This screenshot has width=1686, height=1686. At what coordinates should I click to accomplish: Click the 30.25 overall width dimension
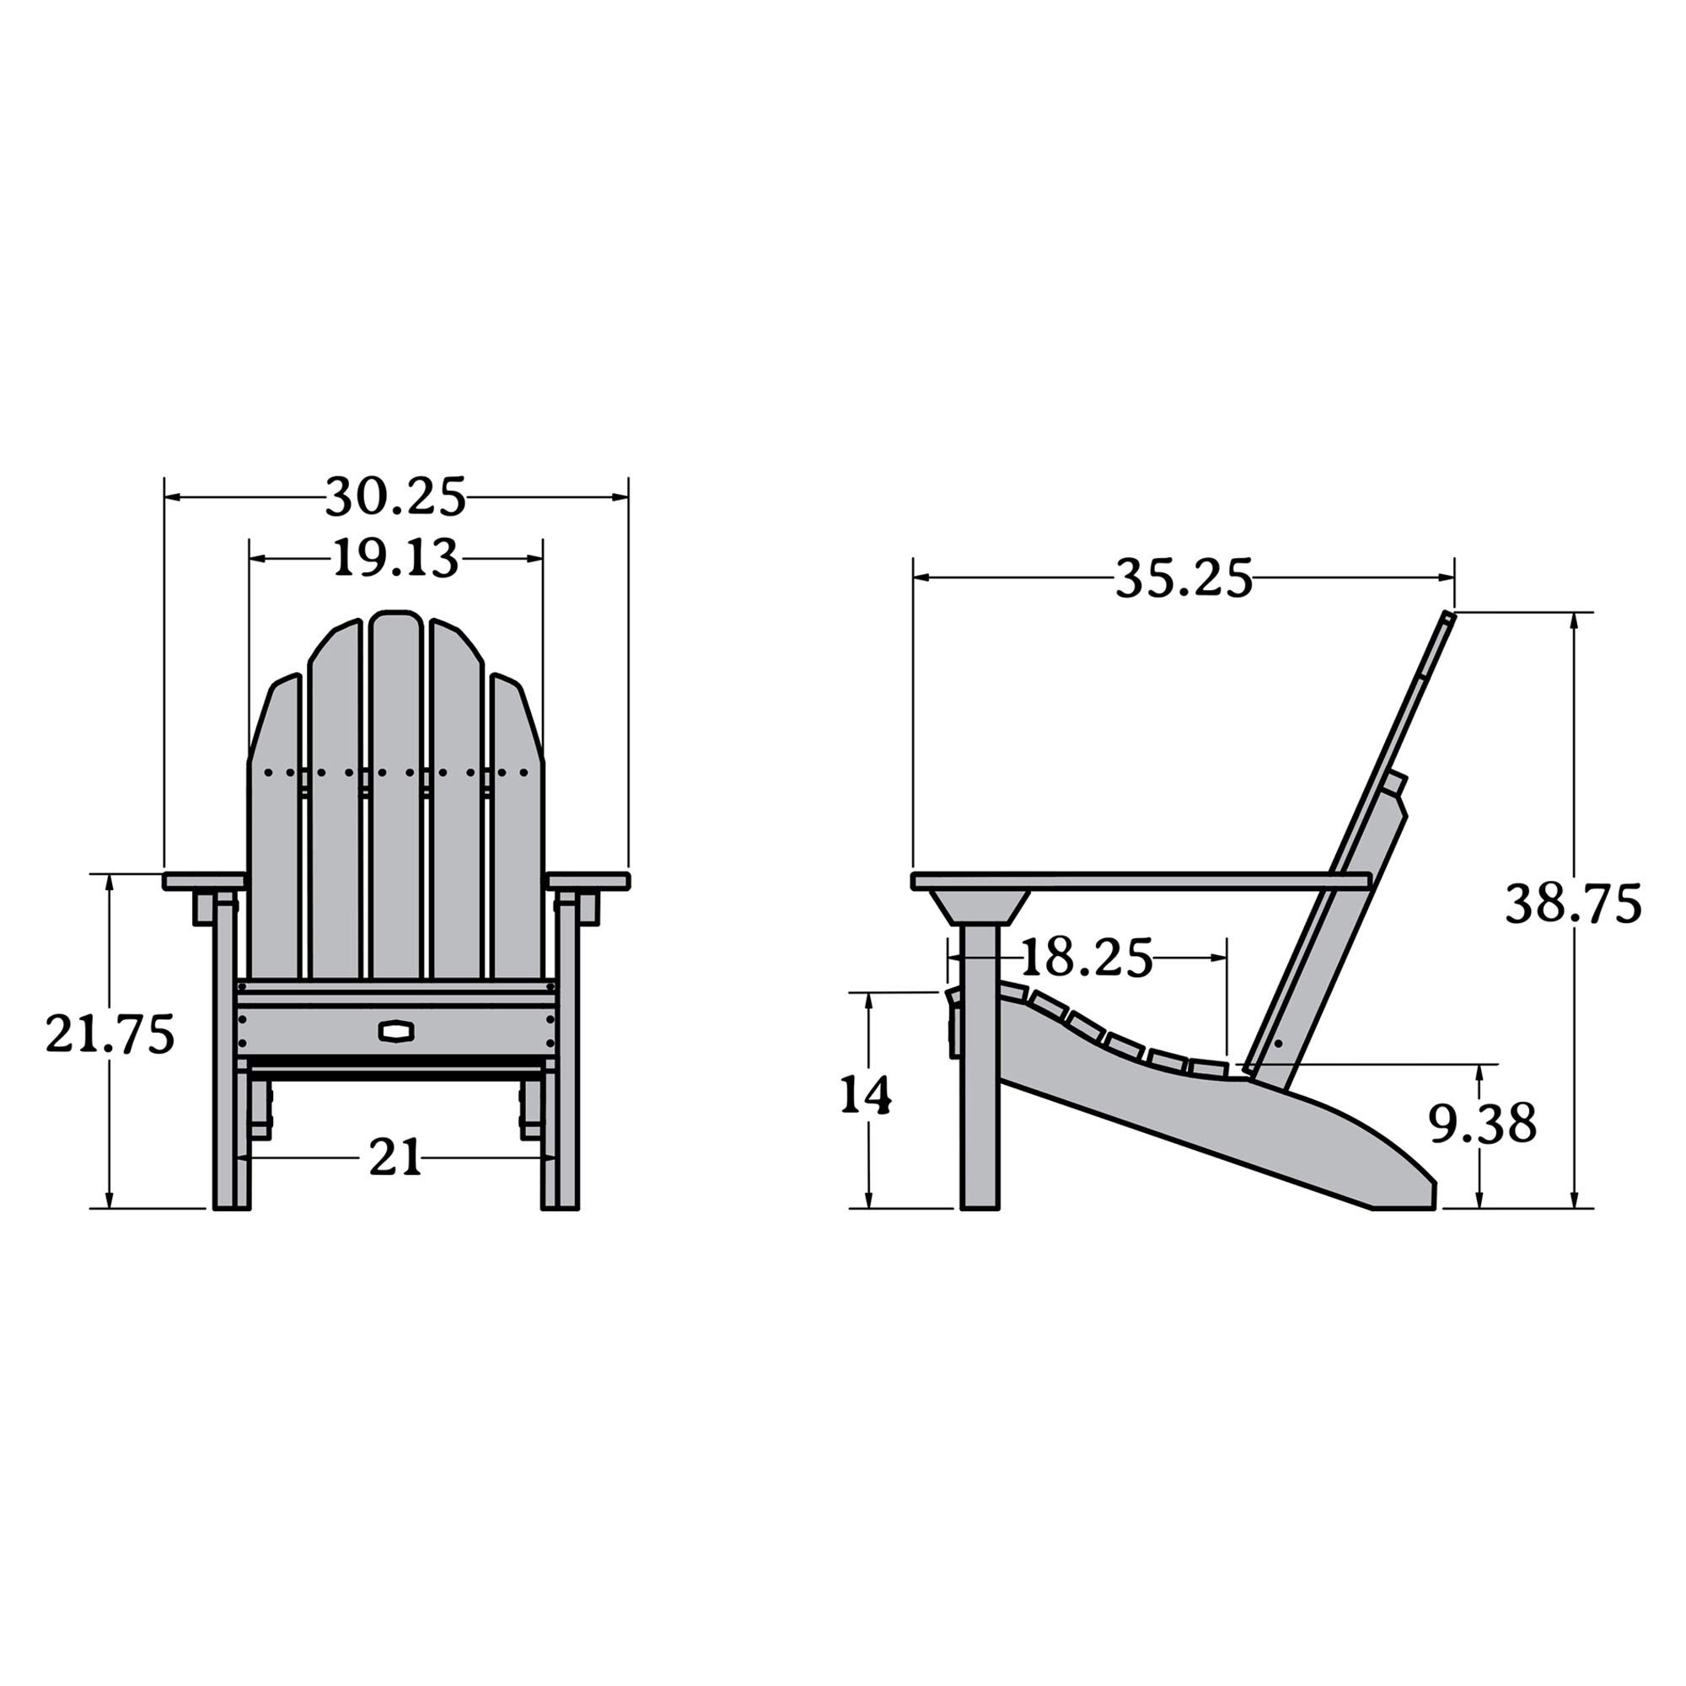pyautogui.click(x=395, y=497)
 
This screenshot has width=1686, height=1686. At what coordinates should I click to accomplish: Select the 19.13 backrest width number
pyautogui.click(x=395, y=559)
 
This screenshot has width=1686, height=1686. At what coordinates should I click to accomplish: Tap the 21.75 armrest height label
pyautogui.click(x=110, y=1034)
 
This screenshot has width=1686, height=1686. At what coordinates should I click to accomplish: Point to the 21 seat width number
pyautogui.click(x=395, y=1158)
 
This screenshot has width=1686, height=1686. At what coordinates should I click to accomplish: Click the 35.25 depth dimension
pyautogui.click(x=1184, y=577)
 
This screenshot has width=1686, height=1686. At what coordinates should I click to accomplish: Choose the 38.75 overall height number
pyautogui.click(x=1572, y=904)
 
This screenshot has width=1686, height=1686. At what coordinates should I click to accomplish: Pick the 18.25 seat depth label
pyautogui.click(x=1086, y=958)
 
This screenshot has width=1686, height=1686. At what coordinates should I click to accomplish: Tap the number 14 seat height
pyautogui.click(x=866, y=1095)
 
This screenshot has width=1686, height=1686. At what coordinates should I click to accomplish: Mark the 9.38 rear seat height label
pyautogui.click(x=1482, y=1124)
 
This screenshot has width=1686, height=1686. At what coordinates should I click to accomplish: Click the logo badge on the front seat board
pyautogui.click(x=396, y=1031)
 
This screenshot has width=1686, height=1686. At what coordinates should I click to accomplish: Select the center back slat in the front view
pyautogui.click(x=395, y=794)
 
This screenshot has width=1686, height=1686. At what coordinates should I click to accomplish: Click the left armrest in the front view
pyautogui.click(x=203, y=881)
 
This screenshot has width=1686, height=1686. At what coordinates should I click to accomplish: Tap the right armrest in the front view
pyautogui.click(x=588, y=881)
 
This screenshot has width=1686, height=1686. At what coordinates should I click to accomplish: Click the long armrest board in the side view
pyautogui.click(x=1135, y=882)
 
